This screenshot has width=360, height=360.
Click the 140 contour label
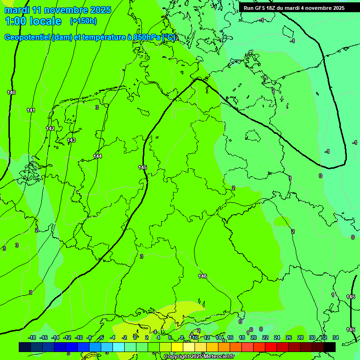11,92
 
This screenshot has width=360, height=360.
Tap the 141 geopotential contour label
31,110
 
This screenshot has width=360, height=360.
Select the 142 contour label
50,128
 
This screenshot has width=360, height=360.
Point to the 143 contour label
71,140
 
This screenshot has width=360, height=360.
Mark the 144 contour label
97,156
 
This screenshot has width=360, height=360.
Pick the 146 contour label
202,276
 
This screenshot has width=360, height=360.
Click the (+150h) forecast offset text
83,21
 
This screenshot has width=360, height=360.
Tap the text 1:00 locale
33,21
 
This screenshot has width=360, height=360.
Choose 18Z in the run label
271,8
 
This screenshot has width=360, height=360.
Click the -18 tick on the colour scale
32,337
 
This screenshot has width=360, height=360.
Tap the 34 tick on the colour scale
336,337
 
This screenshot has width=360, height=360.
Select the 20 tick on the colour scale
253,337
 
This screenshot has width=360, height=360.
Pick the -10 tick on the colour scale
79,337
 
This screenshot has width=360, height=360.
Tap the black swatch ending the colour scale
330,347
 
